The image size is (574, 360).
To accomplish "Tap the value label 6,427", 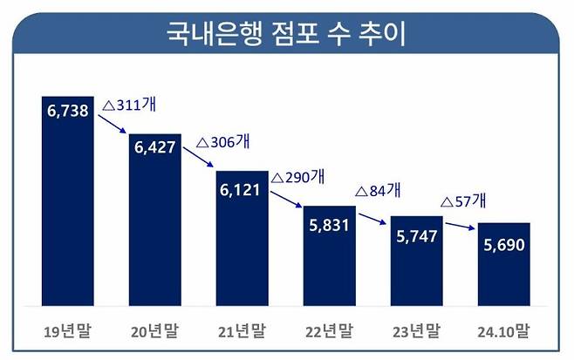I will pyautogui.click(x=155, y=147).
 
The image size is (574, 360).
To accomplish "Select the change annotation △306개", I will pyautogui.click(x=224, y=141).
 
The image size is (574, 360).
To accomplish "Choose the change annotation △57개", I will pyautogui.click(x=464, y=201).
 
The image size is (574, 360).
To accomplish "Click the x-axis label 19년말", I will pyautogui.click(x=67, y=331).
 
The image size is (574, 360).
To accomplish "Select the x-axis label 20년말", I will pyautogui.click(x=155, y=331).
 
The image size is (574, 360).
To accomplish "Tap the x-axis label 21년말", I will pyautogui.click(x=243, y=331).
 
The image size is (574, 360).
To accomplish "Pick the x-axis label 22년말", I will pyautogui.click(x=330, y=331).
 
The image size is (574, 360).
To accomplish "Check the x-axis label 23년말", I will pyautogui.click(x=417, y=331).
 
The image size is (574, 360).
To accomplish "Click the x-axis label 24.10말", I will pyautogui.click(x=504, y=331).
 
